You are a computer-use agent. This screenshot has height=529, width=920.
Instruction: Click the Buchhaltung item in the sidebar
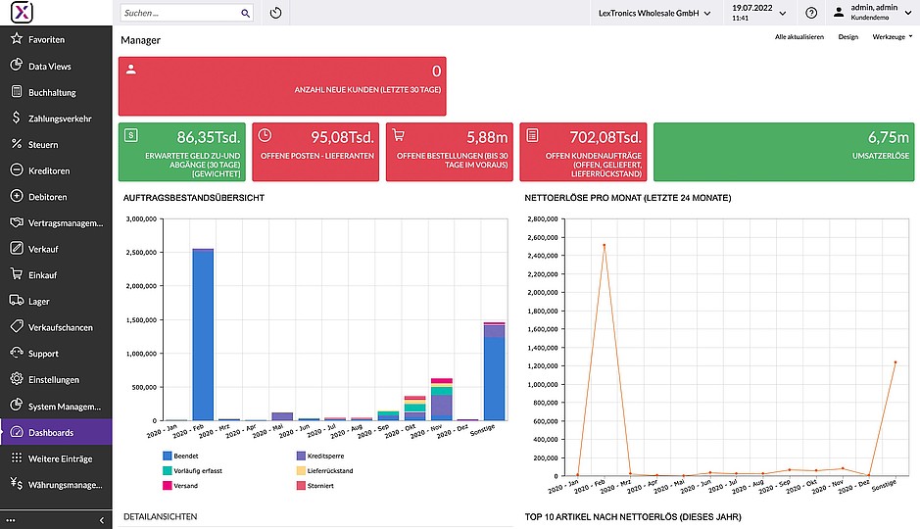click(52, 92)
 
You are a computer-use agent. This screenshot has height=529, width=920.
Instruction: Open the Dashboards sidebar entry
click(51, 432)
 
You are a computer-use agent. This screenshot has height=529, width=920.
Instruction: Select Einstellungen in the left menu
click(53, 379)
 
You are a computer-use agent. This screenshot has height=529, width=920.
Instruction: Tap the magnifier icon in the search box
click(245, 13)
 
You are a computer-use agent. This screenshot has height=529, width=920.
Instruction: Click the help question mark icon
click(811, 13)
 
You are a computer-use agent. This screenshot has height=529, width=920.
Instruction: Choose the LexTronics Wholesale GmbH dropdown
click(654, 13)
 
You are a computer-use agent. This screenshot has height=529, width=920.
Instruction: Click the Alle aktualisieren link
click(799, 37)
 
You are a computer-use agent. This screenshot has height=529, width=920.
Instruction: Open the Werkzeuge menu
click(892, 37)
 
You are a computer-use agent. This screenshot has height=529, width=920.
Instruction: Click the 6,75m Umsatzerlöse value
click(889, 137)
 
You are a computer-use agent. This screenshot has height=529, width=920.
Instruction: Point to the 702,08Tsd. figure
click(605, 137)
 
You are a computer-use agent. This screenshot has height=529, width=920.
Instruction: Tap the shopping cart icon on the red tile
click(399, 135)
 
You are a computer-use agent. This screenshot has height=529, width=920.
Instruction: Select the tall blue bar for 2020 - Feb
click(203, 335)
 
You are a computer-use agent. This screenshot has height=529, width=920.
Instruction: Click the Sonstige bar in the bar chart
click(494, 371)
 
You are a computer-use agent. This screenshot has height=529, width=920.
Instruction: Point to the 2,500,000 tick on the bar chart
click(141, 252)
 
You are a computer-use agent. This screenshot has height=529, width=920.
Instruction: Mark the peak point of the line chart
click(604, 245)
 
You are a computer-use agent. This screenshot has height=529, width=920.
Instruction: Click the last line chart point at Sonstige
click(896, 362)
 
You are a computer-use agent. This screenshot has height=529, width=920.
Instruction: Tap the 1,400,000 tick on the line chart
click(543, 348)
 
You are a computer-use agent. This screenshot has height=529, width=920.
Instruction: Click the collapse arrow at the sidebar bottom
click(102, 520)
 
